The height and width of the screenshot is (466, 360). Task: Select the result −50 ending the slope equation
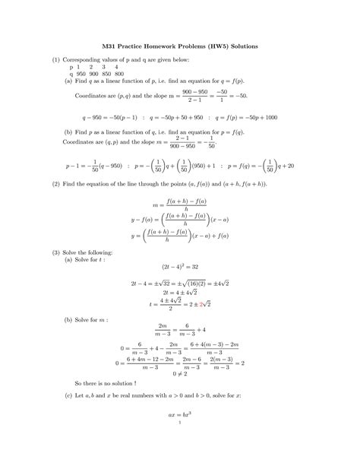242,97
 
